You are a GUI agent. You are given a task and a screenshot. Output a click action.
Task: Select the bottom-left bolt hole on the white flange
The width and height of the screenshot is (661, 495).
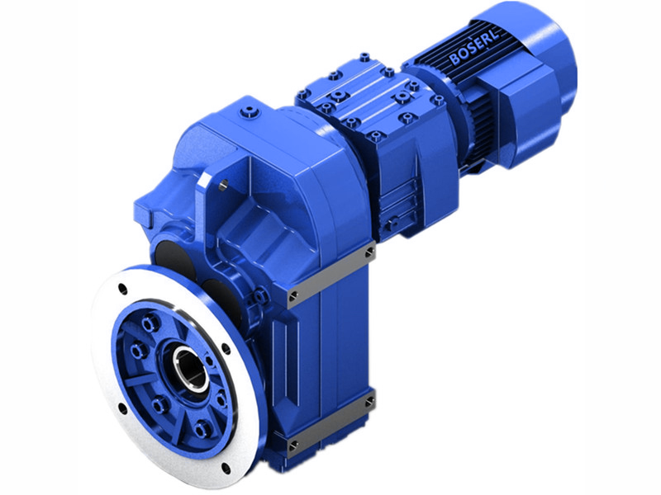pos(123,407)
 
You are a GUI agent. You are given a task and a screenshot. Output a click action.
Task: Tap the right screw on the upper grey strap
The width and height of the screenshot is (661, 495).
pos(369,250)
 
